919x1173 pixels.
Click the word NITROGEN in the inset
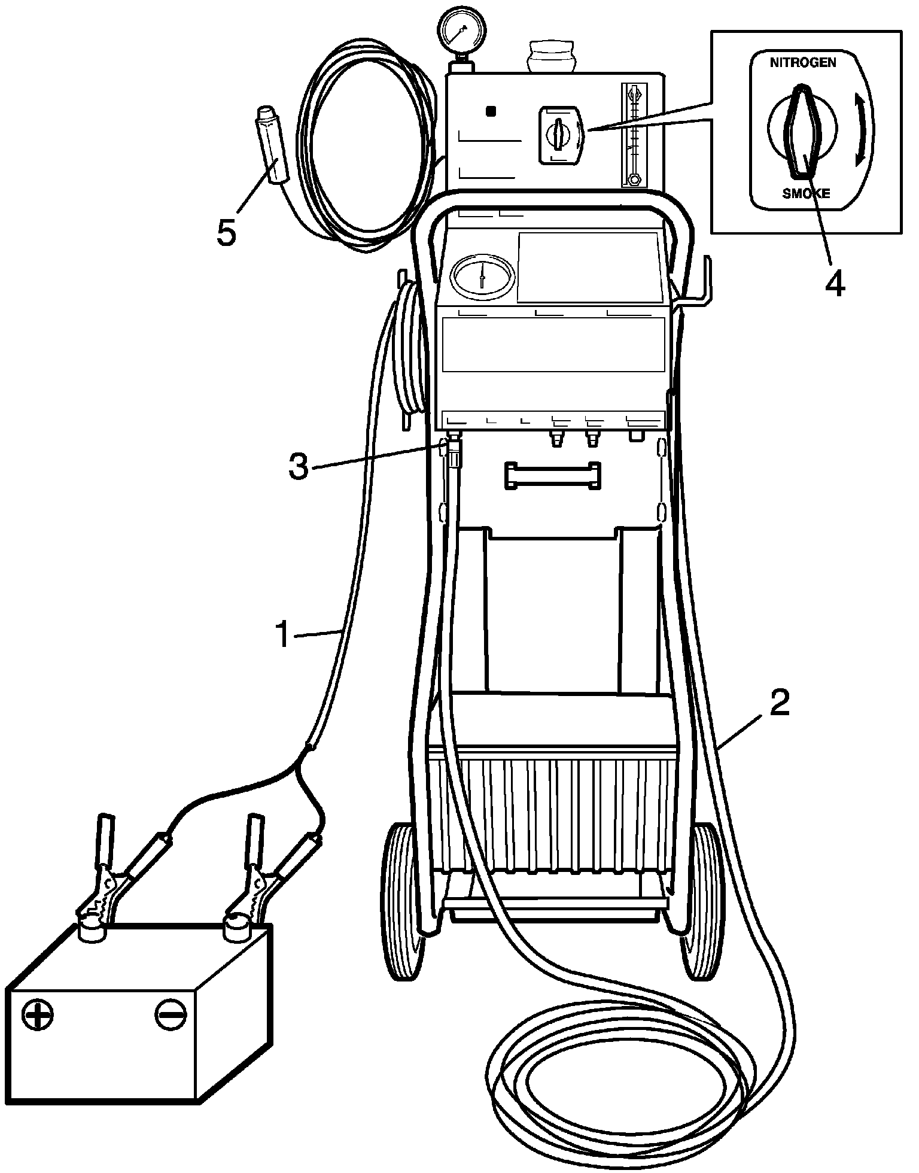click(x=803, y=63)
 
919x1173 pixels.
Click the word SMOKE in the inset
click(x=806, y=194)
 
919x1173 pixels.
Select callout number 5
click(x=227, y=233)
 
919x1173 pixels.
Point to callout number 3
click(x=299, y=467)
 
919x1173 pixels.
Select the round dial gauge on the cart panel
click(x=483, y=278)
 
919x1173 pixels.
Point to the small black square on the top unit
click(x=491, y=111)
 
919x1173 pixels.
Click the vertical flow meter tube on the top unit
click(x=633, y=135)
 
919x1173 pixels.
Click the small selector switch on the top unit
click(x=559, y=134)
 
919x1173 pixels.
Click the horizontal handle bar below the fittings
click(x=552, y=476)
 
